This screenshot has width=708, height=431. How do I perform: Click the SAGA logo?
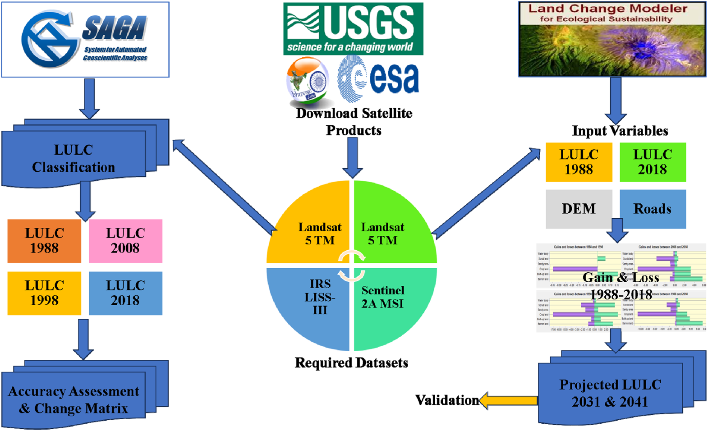[85, 40]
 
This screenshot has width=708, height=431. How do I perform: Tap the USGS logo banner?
[353, 29]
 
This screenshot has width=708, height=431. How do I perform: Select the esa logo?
[379, 79]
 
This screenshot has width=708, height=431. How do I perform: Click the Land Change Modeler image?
[612, 39]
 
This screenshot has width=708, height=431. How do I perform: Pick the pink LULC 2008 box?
[125, 241]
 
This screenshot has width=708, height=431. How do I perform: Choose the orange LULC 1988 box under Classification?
[44, 241]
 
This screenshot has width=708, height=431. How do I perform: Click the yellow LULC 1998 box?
[44, 293]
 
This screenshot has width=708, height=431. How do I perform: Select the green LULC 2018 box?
[653, 162]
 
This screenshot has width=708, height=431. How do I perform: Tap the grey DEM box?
[579, 209]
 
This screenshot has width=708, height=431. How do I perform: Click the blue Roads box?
[653, 209]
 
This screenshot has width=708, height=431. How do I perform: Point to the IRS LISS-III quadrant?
[316, 302]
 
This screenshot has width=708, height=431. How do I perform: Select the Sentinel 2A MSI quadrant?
[388, 302]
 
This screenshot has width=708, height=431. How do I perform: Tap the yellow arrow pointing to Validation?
[508, 400]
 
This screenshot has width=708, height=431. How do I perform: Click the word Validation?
[446, 400]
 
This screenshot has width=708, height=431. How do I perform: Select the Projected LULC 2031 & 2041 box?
[610, 393]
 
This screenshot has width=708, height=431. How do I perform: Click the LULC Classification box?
[74, 158]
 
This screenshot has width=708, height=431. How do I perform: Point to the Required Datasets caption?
[351, 363]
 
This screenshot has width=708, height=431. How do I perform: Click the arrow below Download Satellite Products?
[353, 158]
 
